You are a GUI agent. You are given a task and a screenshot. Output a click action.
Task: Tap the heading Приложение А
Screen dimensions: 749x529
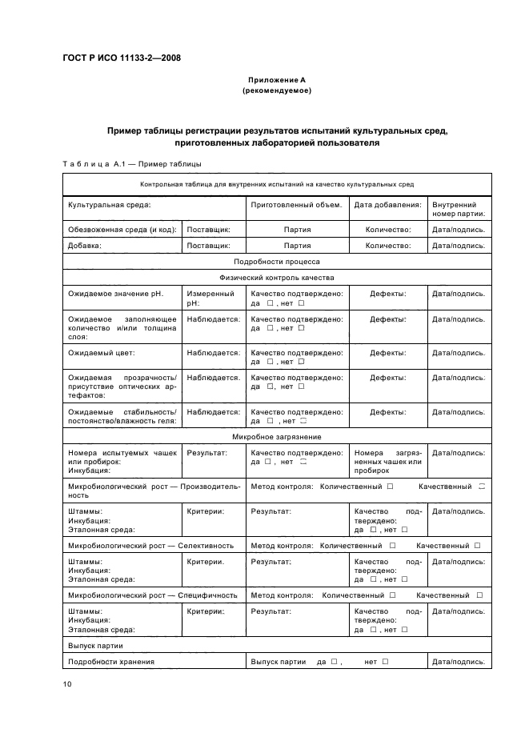(x=276, y=81)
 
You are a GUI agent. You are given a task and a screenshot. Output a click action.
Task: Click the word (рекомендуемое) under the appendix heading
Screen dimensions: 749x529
(x=276, y=90)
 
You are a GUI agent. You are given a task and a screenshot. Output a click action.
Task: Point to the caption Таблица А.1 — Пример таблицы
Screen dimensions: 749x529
(x=131, y=164)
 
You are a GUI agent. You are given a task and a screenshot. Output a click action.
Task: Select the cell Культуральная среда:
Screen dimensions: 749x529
(x=110, y=205)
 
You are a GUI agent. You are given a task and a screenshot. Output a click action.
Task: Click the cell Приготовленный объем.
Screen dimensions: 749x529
(x=296, y=205)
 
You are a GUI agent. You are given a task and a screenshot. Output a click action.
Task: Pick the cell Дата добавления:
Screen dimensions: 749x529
(x=387, y=205)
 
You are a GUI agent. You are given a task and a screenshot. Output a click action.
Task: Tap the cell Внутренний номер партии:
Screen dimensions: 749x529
(x=459, y=210)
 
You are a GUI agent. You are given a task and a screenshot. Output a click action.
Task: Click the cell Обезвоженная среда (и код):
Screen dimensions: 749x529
(x=122, y=230)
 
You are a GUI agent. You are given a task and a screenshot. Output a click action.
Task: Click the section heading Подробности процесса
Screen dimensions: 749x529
(x=277, y=262)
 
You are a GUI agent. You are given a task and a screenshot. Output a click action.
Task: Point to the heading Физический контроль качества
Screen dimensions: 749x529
(x=277, y=278)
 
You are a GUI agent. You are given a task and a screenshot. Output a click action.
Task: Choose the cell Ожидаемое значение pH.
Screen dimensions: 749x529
(x=115, y=294)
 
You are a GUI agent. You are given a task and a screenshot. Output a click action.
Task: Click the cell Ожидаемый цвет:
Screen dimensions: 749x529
(x=102, y=352)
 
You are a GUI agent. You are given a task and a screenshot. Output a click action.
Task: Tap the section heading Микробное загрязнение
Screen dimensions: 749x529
(x=277, y=437)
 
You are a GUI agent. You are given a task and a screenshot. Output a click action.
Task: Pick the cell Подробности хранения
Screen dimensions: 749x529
(x=111, y=662)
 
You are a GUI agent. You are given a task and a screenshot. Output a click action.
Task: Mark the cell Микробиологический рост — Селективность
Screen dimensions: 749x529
(x=151, y=545)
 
